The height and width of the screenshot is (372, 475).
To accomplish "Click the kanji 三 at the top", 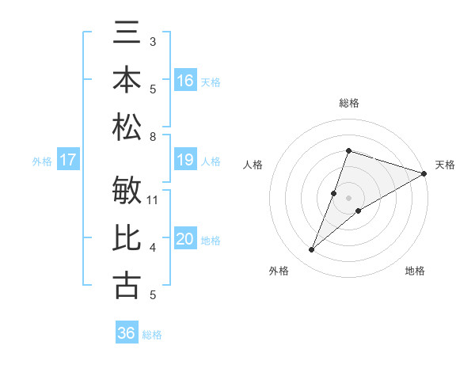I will pyautogui.click(x=127, y=35).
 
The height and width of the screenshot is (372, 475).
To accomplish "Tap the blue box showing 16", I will pyautogui.click(x=185, y=80).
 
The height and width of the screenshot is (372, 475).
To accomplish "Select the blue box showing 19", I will pyautogui.click(x=185, y=161).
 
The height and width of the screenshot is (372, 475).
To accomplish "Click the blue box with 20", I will pyautogui.click(x=185, y=239).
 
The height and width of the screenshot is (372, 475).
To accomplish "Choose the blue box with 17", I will pyautogui.click(x=68, y=161).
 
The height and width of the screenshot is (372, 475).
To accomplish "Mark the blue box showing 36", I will pyautogui.click(x=127, y=333).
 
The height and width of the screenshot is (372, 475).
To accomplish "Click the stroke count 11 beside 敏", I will pyautogui.click(x=154, y=199).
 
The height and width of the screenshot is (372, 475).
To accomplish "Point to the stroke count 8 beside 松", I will pyautogui.click(x=153, y=137).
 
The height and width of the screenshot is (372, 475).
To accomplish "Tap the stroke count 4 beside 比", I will pyautogui.click(x=153, y=248).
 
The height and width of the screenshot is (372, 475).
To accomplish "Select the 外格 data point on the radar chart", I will pyautogui.click(x=312, y=250).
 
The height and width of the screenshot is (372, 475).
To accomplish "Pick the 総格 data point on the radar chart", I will pyautogui.click(x=348, y=150).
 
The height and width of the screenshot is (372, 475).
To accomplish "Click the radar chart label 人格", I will pyautogui.click(x=253, y=165).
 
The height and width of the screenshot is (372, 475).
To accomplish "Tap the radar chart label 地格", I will pyautogui.click(x=415, y=271).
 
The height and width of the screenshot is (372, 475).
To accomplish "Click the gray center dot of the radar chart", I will pyautogui.click(x=348, y=198).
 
